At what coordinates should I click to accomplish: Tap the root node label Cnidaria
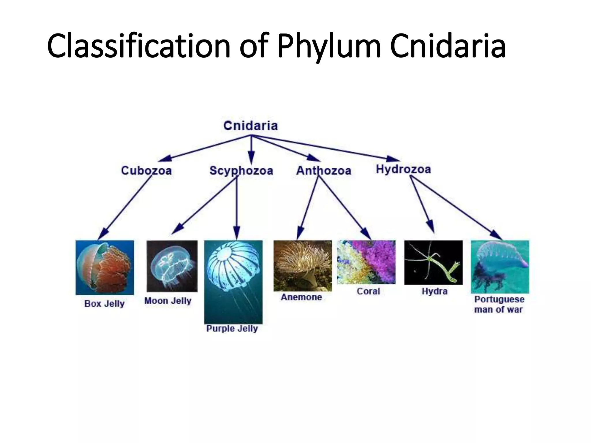tap(250, 126)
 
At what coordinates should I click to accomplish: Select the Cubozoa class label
tap(146, 170)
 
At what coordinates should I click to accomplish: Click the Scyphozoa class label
tap(241, 170)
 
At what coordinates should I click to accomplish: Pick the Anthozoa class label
tap(323, 170)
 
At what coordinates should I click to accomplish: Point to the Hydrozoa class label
tap(403, 169)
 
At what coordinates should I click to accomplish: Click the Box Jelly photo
tap(105, 267)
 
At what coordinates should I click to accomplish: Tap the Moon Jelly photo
tap(172, 266)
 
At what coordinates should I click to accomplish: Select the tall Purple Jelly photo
tap(233, 282)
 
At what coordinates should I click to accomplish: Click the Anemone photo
tap(302, 266)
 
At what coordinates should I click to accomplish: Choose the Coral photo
tap(366, 262)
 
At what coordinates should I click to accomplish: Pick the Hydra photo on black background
tap(433, 262)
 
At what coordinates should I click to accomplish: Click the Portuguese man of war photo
tap(500, 266)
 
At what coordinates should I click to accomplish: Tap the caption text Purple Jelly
tap(232, 329)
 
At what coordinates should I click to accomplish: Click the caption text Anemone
tap(301, 297)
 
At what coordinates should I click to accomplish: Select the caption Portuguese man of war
tap(499, 304)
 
